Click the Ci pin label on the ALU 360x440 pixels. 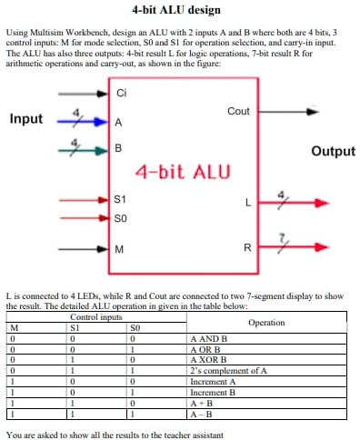(122, 94)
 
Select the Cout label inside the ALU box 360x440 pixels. (238, 111)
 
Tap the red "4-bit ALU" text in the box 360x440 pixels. (183, 172)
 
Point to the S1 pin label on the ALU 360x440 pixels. (121, 198)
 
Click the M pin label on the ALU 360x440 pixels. (119, 248)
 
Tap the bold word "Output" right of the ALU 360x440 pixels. (333, 151)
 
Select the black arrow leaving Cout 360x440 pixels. (291, 113)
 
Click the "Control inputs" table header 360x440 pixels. (95, 316)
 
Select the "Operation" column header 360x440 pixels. (265, 322)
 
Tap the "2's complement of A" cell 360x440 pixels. (226, 370)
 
